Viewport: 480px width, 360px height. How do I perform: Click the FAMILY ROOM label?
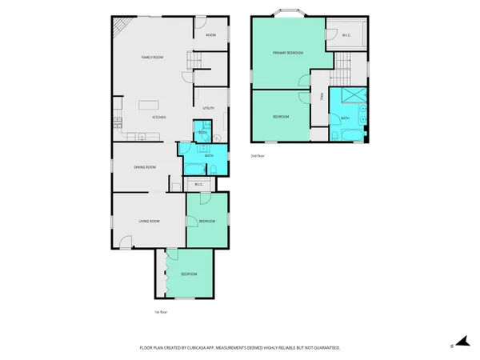click(152, 58)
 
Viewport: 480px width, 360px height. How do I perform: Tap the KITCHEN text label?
click(159, 118)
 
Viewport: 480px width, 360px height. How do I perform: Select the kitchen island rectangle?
click(150, 105)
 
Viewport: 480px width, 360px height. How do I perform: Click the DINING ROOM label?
click(145, 167)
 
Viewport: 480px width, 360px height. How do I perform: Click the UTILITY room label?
click(208, 108)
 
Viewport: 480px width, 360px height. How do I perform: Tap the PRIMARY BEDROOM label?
click(287, 53)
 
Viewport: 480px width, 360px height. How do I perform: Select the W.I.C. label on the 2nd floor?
click(346, 35)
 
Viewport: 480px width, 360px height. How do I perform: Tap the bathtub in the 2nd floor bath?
click(346, 134)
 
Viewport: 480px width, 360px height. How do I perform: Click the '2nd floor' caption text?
click(257, 155)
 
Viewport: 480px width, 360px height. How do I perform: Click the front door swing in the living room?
click(125, 241)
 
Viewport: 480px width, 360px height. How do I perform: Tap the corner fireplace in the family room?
click(119, 28)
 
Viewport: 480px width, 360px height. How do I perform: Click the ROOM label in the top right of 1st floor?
click(210, 35)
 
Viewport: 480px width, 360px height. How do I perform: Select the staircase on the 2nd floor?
click(343, 64)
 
